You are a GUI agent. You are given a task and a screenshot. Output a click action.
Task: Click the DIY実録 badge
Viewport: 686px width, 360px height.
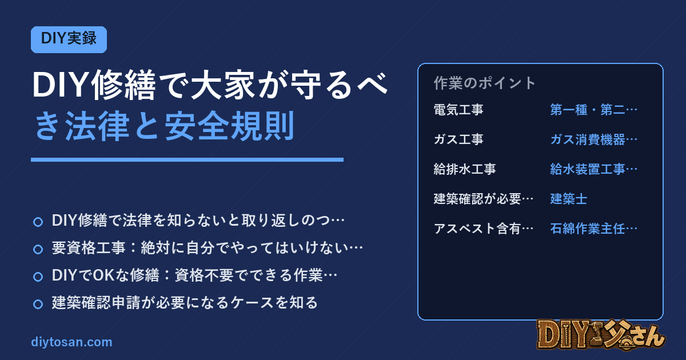69,39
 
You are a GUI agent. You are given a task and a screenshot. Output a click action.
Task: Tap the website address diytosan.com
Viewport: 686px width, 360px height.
71,342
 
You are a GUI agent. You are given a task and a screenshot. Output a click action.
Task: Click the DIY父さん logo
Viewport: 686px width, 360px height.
601,335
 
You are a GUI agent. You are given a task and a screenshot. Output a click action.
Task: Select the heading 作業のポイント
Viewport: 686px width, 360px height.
485,83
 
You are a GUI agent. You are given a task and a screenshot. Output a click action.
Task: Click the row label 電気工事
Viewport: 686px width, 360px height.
458,110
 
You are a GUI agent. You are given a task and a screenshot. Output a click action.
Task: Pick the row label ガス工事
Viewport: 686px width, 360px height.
458,139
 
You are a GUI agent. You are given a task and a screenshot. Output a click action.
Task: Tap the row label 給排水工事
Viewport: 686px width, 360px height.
465,169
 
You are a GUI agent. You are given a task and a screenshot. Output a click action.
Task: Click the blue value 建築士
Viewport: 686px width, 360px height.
568,199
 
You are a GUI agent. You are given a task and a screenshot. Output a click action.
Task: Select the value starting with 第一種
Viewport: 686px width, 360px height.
594,110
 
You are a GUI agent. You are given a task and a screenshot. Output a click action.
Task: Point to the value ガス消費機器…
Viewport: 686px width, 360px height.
594,139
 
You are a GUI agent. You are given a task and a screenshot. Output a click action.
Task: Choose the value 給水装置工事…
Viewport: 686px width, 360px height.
594,169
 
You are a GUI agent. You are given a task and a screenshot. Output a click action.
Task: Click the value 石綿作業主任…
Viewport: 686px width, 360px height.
594,229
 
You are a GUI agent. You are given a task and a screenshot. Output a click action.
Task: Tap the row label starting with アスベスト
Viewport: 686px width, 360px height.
484,229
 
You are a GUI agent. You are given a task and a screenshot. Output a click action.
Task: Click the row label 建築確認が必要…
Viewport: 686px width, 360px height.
484,199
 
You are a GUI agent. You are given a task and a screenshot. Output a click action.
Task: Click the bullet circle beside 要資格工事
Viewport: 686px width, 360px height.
38,249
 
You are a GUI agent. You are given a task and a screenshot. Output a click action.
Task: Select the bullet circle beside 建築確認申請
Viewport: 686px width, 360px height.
38,304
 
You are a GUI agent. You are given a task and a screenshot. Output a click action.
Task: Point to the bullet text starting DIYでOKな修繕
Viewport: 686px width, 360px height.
194,275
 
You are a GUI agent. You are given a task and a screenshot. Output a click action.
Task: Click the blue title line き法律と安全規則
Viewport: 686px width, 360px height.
165,126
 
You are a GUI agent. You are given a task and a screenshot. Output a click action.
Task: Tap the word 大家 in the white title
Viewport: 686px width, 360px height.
222,85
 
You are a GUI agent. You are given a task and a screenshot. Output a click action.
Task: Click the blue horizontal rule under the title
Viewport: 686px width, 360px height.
187,160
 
